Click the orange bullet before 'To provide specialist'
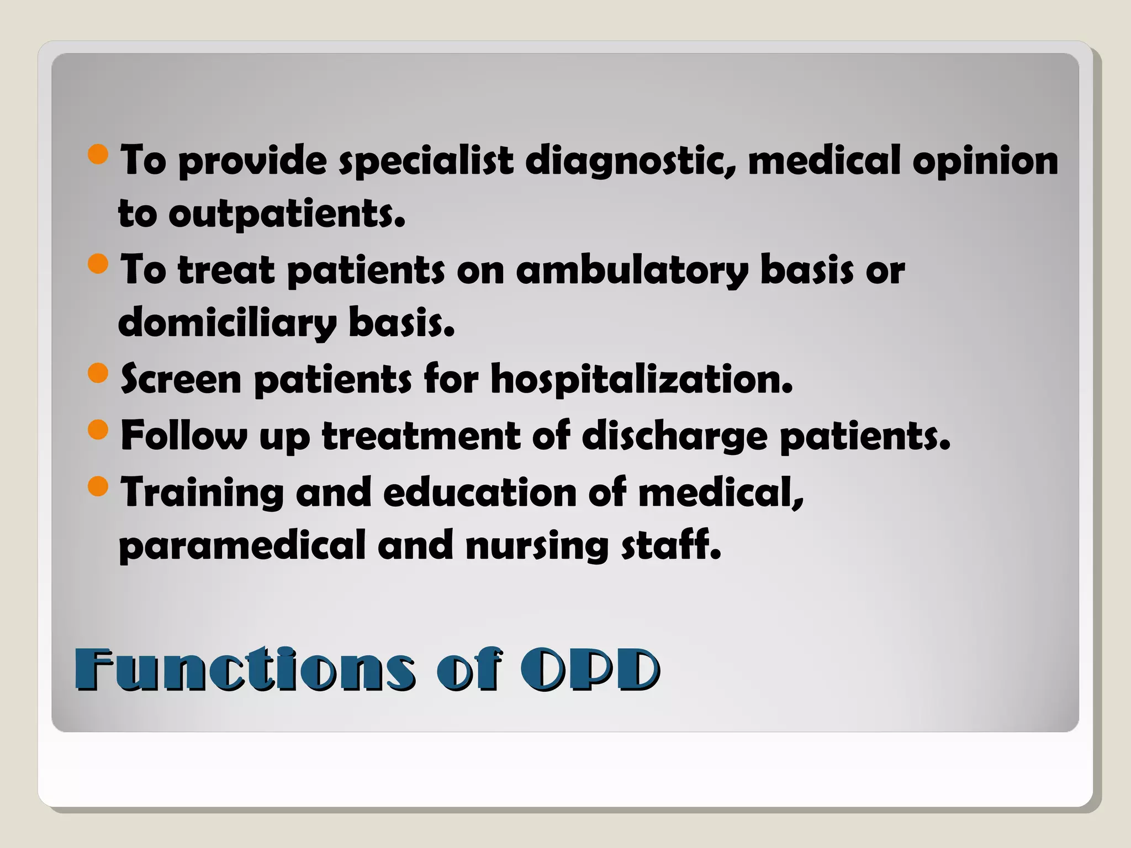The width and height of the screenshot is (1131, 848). point(98,154)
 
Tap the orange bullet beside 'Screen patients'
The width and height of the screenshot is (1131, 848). point(98,373)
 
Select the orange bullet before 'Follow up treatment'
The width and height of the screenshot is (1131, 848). point(98,430)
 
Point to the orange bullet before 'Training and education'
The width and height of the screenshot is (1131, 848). point(98,486)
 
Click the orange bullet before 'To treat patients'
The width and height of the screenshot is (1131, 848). point(98,264)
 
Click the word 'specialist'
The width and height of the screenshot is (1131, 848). point(426,161)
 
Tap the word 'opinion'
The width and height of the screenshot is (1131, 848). point(985,161)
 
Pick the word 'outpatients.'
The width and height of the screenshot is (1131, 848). point(287,214)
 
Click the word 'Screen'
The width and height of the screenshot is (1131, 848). point(181,380)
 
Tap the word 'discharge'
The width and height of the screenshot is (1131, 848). point(675,436)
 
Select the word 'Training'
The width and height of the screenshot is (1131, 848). point(202,492)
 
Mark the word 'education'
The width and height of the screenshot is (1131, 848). point(479,492)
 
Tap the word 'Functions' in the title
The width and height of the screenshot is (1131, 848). point(244,669)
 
